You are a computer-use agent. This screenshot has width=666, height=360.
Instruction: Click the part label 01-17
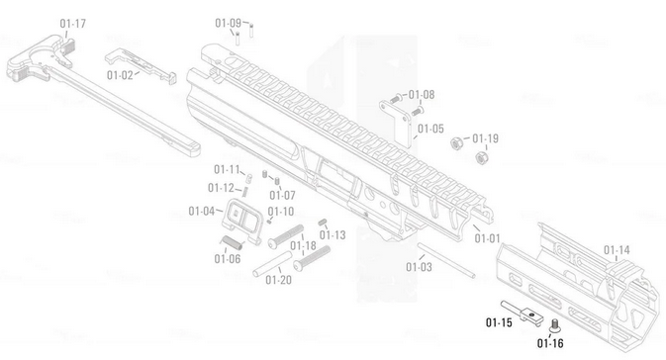tap(72, 23)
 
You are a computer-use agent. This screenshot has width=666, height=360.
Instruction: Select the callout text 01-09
tap(228, 23)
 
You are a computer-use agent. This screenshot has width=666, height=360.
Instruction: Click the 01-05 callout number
tap(430, 129)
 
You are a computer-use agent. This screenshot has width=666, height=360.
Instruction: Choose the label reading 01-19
tap(485, 138)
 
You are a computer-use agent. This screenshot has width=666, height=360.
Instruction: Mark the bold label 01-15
tap(498, 322)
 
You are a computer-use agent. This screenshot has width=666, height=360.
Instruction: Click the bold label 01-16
tap(550, 343)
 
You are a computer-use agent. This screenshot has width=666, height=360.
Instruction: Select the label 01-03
tap(420, 267)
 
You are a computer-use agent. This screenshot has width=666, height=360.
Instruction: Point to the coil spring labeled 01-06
tap(234, 243)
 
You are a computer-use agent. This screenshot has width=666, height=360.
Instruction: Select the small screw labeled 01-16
tap(553, 323)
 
